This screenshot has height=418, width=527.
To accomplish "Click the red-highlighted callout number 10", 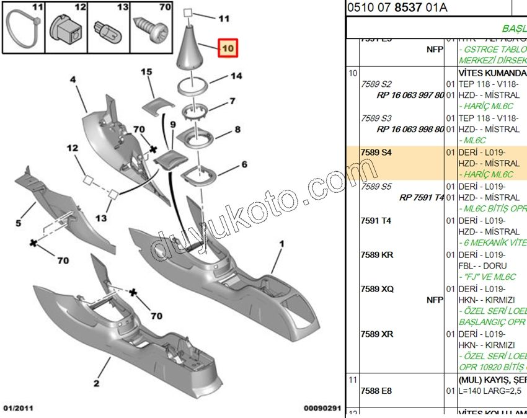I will click(x=228, y=48).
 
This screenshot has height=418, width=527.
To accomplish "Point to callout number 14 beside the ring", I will click(x=236, y=76).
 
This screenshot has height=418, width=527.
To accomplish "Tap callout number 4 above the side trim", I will click(x=73, y=80).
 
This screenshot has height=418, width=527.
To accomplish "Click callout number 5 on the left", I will click(x=19, y=223).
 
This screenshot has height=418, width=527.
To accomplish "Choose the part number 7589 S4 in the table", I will click(x=376, y=153).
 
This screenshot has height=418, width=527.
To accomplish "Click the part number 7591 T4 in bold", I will click(x=376, y=221).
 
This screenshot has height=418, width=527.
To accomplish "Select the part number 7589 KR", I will click(x=377, y=255).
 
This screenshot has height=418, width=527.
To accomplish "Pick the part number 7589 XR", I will click(x=377, y=334).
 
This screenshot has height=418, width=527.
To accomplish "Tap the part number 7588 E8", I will click(x=376, y=391).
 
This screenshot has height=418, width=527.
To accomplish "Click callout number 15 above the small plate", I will click(x=146, y=73).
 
